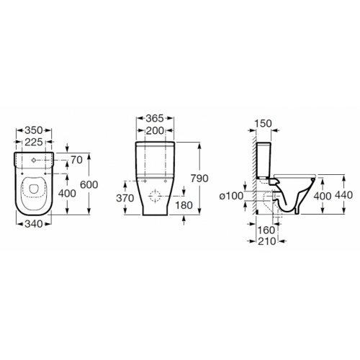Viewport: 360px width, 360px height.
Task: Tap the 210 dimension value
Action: tap(268, 241)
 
